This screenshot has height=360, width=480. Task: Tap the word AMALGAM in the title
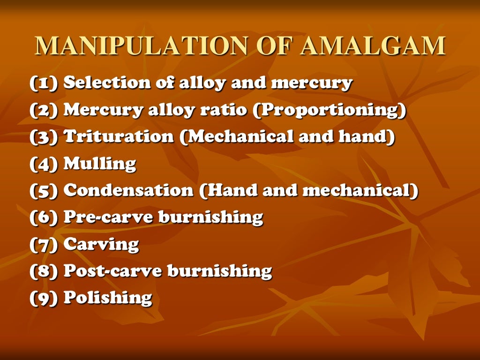pos(372,45)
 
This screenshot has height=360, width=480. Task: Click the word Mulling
pos(99,164)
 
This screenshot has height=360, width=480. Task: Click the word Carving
pos(101,244)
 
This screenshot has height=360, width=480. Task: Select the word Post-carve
pos(112,270)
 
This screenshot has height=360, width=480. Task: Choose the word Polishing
pos(107,298)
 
